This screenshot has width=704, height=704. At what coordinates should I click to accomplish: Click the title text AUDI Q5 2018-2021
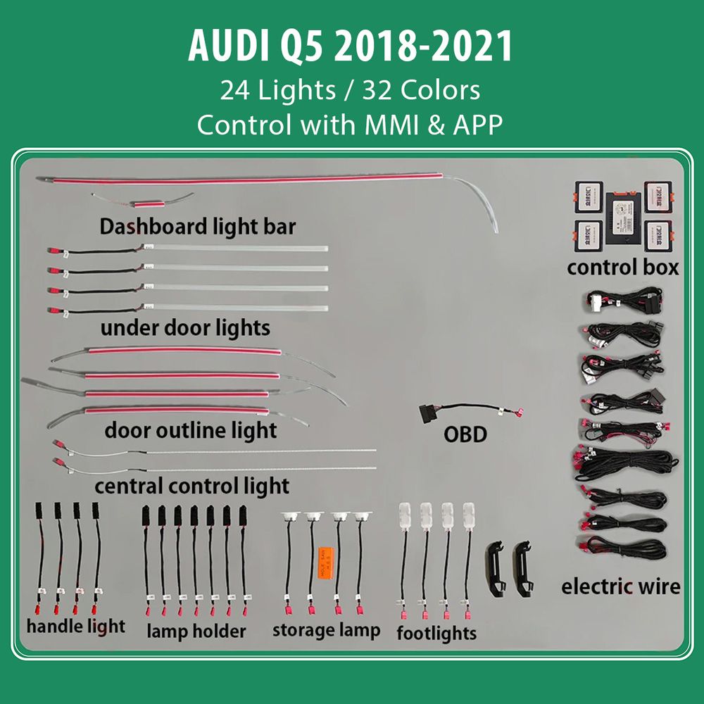[350, 47]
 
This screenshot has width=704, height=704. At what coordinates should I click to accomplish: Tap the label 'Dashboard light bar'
[198, 227]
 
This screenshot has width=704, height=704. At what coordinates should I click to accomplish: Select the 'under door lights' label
[185, 328]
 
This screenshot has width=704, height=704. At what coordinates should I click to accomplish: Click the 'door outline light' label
[191, 430]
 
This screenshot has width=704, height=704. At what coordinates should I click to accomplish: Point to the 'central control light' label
[191, 486]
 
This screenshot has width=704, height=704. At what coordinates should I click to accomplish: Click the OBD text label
[465, 434]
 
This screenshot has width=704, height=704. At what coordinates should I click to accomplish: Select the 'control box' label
[623, 268]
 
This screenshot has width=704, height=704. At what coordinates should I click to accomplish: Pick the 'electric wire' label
[621, 586]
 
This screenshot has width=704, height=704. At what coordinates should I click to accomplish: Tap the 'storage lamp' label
[326, 629]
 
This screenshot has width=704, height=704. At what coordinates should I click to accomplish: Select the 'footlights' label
[436, 632]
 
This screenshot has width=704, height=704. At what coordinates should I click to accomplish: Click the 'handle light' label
[76, 625]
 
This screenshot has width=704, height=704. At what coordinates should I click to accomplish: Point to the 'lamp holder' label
[196, 630]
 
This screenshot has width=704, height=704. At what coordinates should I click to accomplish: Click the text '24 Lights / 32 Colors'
[350, 90]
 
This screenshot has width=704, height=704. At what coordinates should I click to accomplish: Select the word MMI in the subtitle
[385, 125]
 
